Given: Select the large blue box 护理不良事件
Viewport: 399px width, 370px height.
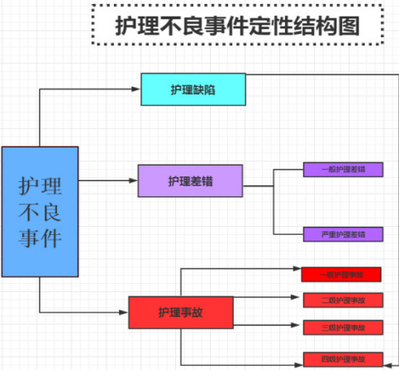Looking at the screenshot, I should [x=40, y=211].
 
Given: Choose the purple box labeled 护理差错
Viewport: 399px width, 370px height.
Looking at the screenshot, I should [x=190, y=180].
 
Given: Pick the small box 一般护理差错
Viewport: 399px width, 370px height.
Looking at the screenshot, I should [x=342, y=170].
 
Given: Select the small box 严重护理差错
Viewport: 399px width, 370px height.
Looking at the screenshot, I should [x=342, y=234].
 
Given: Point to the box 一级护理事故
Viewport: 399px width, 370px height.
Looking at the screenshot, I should [x=341, y=275].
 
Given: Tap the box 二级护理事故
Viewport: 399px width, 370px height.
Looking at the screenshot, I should [x=341, y=300].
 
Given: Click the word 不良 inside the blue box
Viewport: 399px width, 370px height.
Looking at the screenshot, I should [x=40, y=211].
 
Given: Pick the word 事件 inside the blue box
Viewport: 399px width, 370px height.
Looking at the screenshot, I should [x=40, y=239].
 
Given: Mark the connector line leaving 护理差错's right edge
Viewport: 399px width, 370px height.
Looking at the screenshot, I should [x=258, y=186].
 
